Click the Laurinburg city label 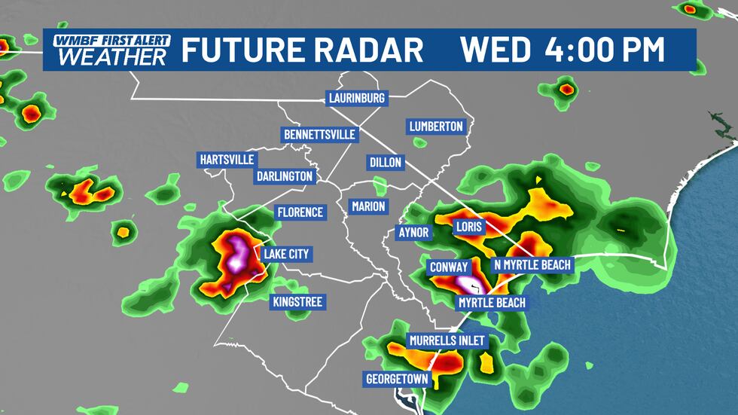click(357, 98)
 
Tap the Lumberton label click(436, 127)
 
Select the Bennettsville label click(319, 135)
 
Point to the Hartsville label click(227, 160)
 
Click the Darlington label click(284, 175)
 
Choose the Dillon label click(386, 162)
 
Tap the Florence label click(299, 212)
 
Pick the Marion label click(368, 206)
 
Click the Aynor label click(413, 233)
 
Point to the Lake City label click(286, 254)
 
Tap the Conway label click(449, 267)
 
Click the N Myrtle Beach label click(532, 264)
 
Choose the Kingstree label click(297, 303)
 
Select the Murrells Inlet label click(447, 341)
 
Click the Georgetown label click(396, 378)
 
